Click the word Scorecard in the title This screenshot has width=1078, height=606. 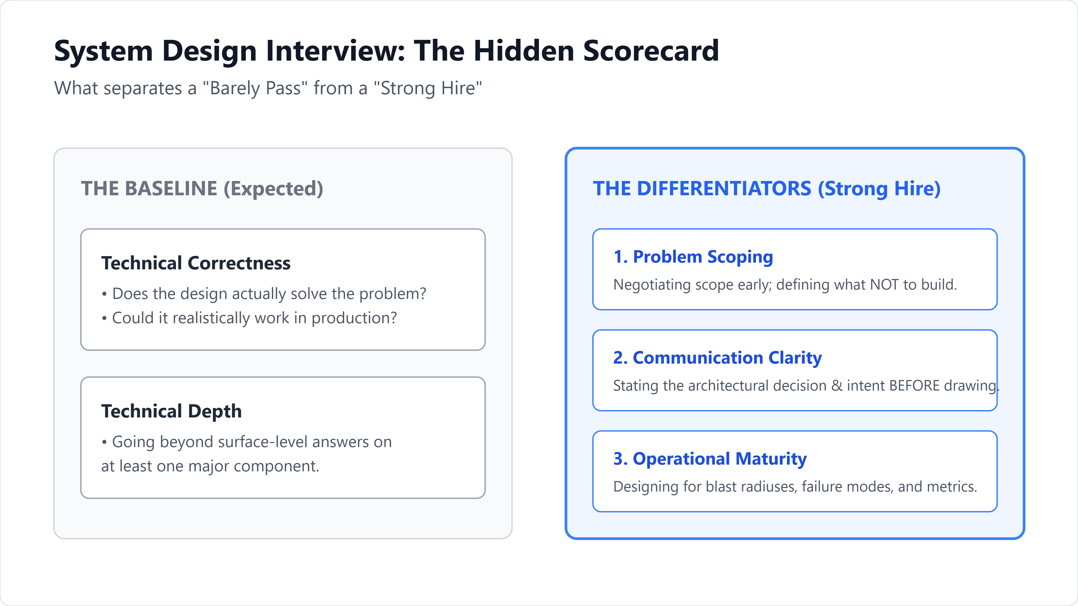(x=651, y=51)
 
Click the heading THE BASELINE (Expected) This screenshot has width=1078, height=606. (x=202, y=189)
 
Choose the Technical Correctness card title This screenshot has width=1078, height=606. (x=196, y=263)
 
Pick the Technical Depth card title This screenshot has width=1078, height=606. (x=172, y=411)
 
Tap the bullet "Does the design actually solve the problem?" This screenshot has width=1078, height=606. (x=264, y=294)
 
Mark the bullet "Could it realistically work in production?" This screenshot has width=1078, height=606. (x=249, y=318)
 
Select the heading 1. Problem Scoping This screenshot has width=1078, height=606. (x=693, y=257)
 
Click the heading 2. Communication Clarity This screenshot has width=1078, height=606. (x=717, y=358)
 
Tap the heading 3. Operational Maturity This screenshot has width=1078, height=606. (x=710, y=459)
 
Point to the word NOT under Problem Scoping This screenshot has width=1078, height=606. (x=884, y=284)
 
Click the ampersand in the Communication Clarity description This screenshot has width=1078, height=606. (x=837, y=386)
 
